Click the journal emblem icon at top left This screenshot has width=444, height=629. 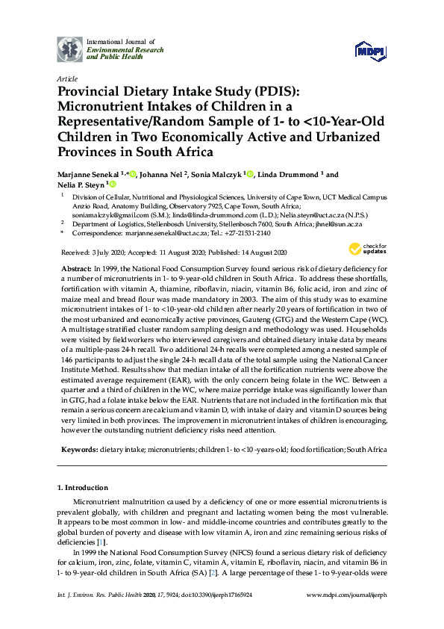click(69, 49)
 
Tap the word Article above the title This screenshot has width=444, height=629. click(66, 78)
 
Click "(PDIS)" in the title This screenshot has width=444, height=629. click(275, 93)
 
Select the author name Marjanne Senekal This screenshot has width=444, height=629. click(91, 175)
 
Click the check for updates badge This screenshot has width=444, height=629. click(366, 249)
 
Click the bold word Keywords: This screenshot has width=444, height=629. click(78, 450)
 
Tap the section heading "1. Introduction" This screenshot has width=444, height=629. click(84, 488)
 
